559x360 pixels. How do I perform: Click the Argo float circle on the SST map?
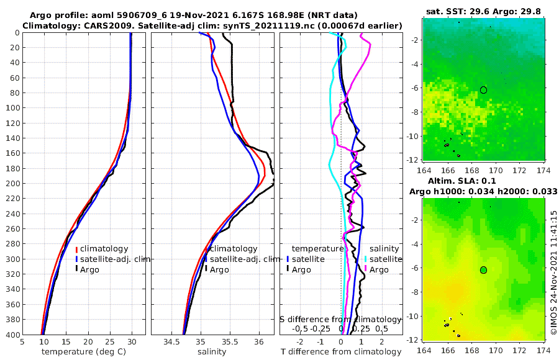[x=483, y=90]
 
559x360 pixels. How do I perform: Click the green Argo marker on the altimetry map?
[x=483, y=269]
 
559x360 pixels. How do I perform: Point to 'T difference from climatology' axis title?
[x=341, y=352]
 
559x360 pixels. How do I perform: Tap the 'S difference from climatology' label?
[x=340, y=318]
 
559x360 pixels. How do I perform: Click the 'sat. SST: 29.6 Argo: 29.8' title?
[x=483, y=11]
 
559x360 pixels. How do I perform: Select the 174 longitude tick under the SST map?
[x=542, y=169]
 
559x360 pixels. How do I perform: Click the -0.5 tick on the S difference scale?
[x=300, y=328]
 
